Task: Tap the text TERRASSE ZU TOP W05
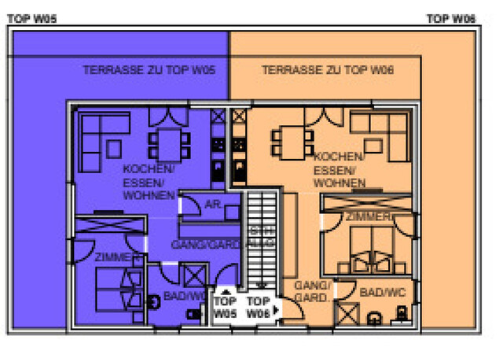click(149, 70)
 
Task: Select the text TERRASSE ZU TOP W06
click(328, 70)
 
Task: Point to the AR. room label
click(212, 204)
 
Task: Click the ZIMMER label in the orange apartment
click(368, 216)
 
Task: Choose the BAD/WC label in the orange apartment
click(381, 292)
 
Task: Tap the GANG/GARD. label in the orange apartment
click(312, 292)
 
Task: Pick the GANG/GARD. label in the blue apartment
click(200, 245)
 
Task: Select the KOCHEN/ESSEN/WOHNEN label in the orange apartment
click(339, 169)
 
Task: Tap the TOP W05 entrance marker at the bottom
click(226, 307)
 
